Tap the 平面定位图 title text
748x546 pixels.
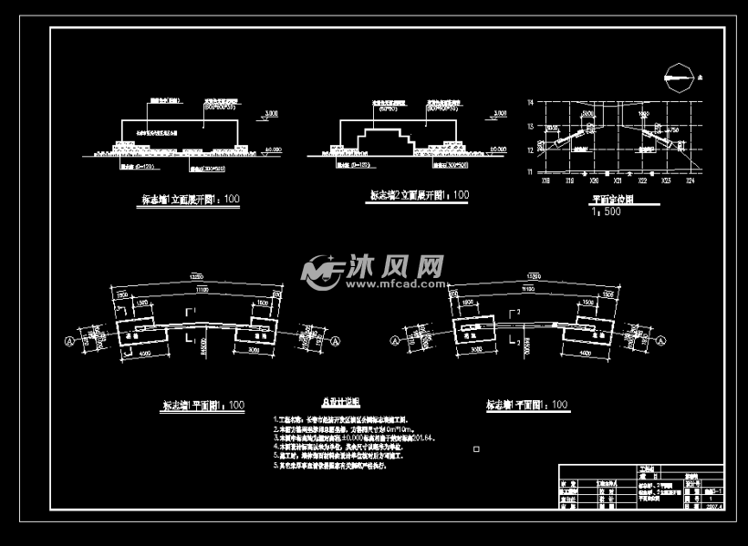[x=613, y=198]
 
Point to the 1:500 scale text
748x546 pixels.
[x=607, y=211]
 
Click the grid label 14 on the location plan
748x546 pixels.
[x=530, y=104]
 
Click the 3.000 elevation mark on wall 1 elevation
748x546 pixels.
[x=271, y=112]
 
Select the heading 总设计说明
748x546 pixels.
[x=340, y=401]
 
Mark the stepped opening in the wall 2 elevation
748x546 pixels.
[x=383, y=140]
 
